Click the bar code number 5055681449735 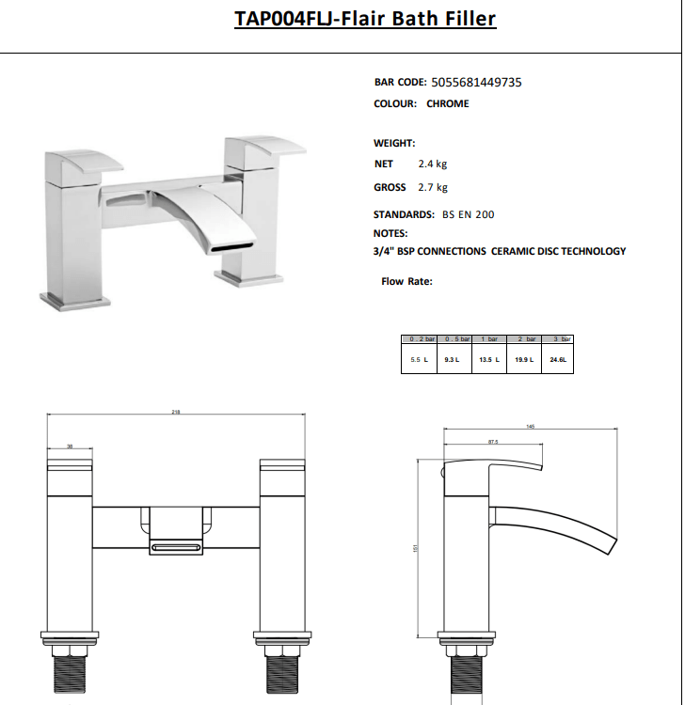[476, 83]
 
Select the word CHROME [447, 103]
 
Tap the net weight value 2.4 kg [433, 164]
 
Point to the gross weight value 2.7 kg [433, 188]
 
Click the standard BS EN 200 [468, 215]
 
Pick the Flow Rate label [406, 281]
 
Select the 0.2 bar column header [419, 338]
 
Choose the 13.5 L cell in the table [489, 360]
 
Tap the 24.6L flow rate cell [559, 360]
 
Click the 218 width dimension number [176, 412]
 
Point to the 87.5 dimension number [492, 441]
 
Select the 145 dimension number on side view [530, 427]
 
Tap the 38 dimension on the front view [70, 446]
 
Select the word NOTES [390, 233]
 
